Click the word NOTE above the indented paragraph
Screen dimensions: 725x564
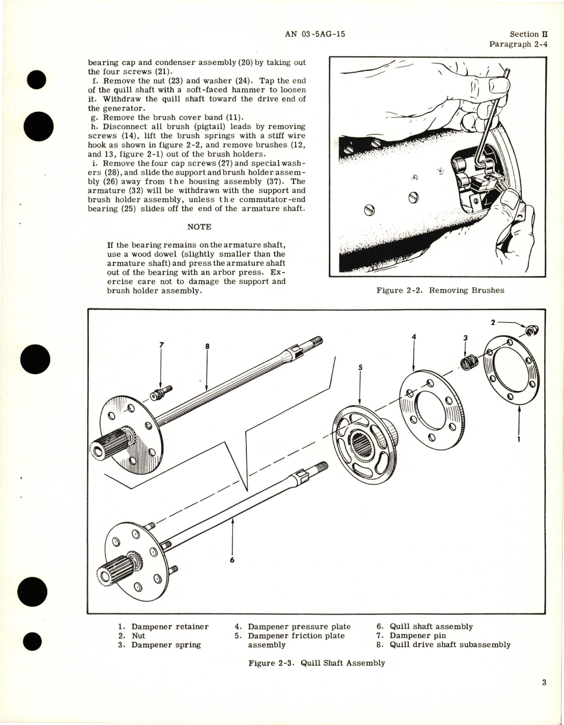pyautogui.click(x=199, y=227)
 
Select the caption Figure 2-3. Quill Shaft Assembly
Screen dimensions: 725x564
pyautogui.click(x=317, y=663)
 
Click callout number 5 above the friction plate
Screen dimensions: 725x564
pyautogui.click(x=360, y=367)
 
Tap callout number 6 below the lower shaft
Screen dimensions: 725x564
pyautogui.click(x=231, y=560)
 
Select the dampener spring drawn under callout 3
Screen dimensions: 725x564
pyautogui.click(x=466, y=363)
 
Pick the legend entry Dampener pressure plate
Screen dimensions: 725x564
pyautogui.click(x=299, y=626)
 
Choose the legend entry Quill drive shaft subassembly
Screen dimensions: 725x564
pyautogui.click(x=450, y=645)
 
